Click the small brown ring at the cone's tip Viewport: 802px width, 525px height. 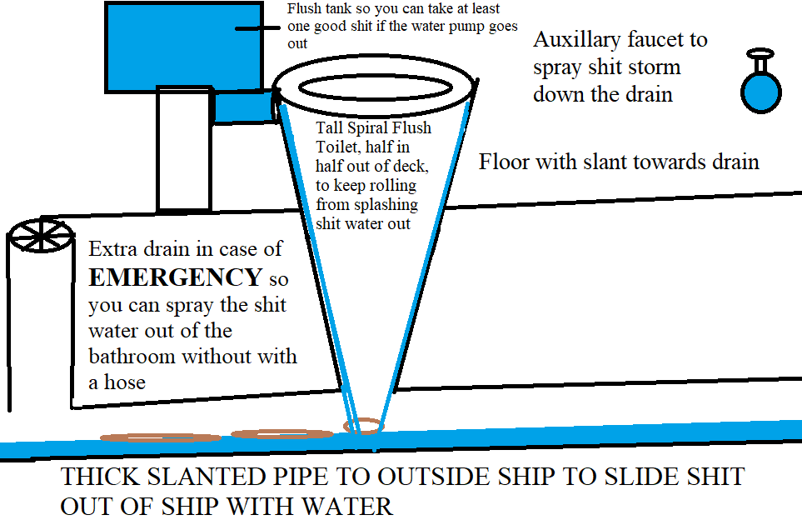pos(364,426)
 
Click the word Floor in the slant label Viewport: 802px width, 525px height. pos(505,162)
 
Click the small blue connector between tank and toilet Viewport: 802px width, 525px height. pos(242,107)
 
